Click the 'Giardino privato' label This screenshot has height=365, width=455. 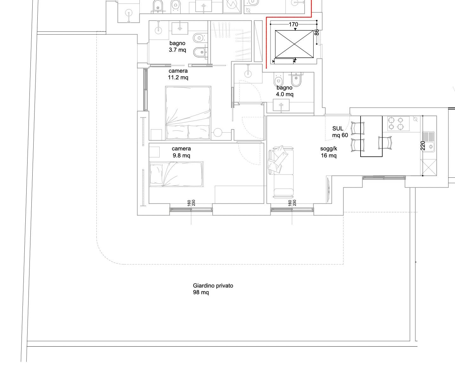(213, 286)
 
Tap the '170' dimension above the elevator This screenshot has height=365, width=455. (293, 24)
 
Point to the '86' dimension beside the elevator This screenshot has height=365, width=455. (317, 32)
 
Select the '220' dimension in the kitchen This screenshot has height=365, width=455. (423, 146)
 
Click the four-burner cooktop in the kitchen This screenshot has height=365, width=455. (398, 123)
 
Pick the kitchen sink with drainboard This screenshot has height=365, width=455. (428, 142)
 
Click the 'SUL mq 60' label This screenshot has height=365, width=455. (340, 132)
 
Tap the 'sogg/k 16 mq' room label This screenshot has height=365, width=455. (329, 152)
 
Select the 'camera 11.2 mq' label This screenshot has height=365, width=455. (178, 74)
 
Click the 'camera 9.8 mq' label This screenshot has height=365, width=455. (182, 152)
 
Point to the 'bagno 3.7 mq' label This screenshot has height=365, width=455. (177, 46)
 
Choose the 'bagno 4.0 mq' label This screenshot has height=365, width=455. (285, 91)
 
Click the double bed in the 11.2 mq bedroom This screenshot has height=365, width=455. (188, 113)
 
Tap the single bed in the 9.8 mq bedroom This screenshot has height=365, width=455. (176, 174)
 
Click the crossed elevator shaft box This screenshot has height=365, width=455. (294, 44)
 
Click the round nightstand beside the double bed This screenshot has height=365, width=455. (218, 133)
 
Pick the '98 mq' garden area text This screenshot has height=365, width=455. (201, 292)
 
